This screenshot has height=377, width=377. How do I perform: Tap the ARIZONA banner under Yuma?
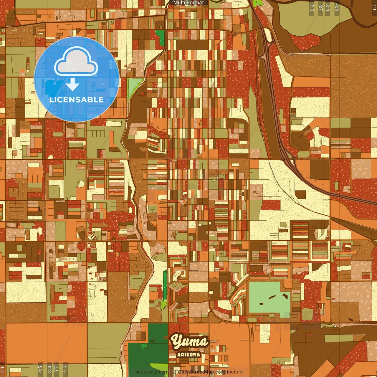[188, 355]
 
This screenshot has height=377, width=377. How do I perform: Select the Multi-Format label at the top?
[188, 3]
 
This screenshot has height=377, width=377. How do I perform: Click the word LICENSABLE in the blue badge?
[77, 100]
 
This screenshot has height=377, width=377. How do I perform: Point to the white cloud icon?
[76, 61]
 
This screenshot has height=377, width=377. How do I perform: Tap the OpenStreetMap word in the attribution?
[196, 372]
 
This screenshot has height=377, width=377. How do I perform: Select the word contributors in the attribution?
[229, 372]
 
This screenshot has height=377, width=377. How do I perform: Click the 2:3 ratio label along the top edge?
[312, 8]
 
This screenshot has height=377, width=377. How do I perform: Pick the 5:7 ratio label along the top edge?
[320, 8]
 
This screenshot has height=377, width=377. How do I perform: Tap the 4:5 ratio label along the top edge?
[337, 8]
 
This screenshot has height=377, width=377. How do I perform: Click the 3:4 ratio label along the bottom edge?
[49, 369]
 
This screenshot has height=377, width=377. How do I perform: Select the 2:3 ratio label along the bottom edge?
[65, 369]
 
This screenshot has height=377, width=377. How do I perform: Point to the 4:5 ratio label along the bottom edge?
[40, 369]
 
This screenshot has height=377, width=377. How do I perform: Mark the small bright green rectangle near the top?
[160, 37]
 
